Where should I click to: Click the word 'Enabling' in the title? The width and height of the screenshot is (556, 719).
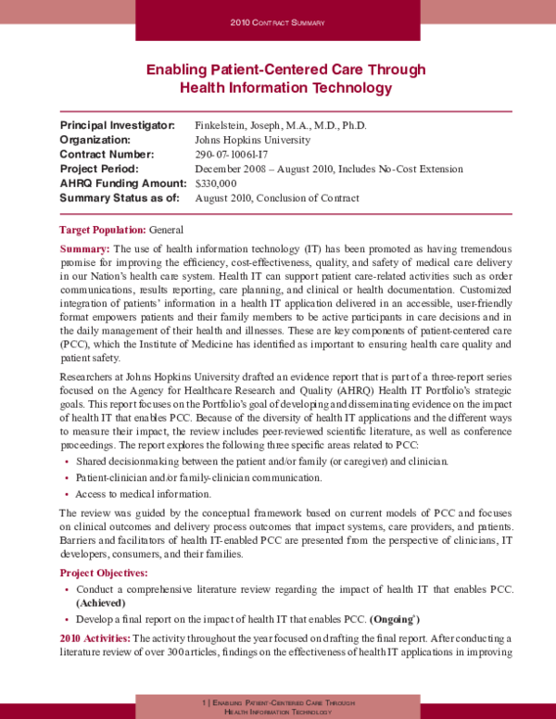pos(178,69)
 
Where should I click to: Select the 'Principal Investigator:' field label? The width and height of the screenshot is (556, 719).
pos(117,125)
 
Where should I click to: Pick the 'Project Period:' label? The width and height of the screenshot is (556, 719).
pos(98,169)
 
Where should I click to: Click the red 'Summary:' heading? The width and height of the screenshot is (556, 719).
pos(84,249)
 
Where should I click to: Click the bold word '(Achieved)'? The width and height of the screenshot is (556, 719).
pos(101,602)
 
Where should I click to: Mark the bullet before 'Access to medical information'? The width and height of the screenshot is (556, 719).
pos(66,494)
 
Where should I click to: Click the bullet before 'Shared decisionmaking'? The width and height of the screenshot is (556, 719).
pos(66,461)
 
